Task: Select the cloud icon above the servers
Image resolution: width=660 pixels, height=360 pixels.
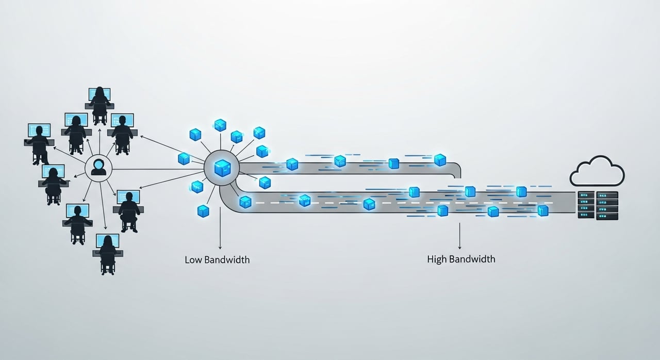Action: tap(597, 171)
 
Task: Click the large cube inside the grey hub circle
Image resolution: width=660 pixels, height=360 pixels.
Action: tap(222, 168)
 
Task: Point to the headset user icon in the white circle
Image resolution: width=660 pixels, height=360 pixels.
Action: tap(98, 168)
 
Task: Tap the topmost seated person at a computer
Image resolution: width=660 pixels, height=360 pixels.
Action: tap(100, 105)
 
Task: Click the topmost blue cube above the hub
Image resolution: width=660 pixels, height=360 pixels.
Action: tap(220, 125)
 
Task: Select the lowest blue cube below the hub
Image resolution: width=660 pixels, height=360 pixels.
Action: tap(203, 211)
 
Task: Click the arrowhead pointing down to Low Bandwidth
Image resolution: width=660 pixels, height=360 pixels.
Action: tap(220, 247)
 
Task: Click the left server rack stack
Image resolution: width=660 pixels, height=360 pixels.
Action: tap(586, 205)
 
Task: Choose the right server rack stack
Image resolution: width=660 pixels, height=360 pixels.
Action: tap(607, 206)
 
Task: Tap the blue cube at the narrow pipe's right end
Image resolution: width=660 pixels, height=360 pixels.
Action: tap(440, 160)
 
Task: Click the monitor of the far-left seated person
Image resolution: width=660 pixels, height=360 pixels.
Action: tap(39, 130)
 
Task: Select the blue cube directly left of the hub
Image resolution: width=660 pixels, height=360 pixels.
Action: tap(184, 158)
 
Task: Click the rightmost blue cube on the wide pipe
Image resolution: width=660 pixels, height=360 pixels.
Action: tap(543, 210)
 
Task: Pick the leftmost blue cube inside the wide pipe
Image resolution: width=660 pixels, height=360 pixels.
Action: tap(245, 202)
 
